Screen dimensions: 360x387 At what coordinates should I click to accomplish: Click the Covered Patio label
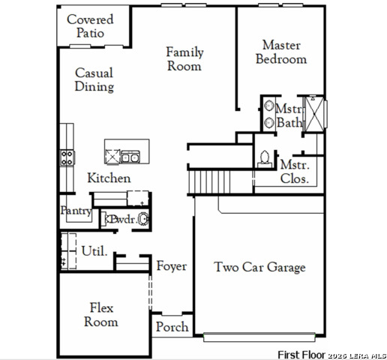click(90, 26)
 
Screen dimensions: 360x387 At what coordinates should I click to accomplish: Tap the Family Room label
click(184, 59)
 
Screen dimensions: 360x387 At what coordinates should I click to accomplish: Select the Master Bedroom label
click(281, 52)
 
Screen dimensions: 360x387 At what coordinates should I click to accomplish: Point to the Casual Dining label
click(94, 80)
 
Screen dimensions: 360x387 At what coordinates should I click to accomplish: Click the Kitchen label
click(109, 178)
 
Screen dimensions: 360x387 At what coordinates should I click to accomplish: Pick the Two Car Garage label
click(259, 267)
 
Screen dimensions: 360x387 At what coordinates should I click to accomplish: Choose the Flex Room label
click(101, 314)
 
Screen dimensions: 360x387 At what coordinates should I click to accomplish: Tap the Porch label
click(172, 328)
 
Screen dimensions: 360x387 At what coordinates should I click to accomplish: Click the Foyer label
click(172, 266)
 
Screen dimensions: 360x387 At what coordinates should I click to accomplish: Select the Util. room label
click(94, 250)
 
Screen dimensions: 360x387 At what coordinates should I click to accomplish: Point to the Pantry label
click(76, 211)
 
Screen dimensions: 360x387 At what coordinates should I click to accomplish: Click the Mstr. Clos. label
click(295, 172)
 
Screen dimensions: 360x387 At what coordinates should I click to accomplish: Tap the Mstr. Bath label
click(289, 115)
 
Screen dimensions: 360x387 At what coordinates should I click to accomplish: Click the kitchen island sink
click(130, 157)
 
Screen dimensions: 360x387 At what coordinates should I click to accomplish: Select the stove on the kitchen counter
click(67, 157)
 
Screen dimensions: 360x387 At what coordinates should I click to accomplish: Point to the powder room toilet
click(142, 220)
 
